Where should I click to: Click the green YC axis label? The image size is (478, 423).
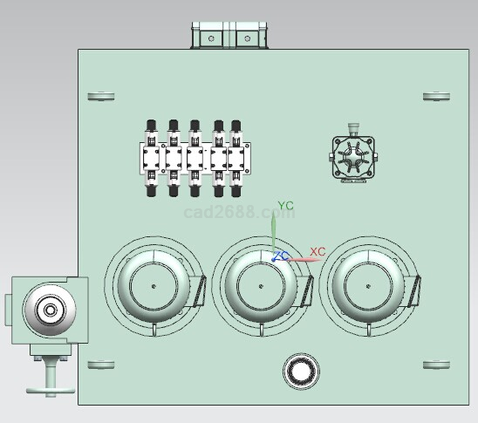point(285,206)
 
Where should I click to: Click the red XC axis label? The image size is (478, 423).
point(318,252)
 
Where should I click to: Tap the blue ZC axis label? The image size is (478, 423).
point(281,256)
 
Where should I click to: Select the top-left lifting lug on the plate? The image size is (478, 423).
point(101,96)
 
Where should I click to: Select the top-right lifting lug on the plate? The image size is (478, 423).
point(436,96)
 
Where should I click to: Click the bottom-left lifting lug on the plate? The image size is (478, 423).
point(101,365)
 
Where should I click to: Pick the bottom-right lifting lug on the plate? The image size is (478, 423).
point(436,365)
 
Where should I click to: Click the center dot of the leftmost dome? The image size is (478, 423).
point(154,286)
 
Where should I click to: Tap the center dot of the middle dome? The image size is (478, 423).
point(261,286)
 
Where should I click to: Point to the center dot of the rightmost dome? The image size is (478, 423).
point(368,286)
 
